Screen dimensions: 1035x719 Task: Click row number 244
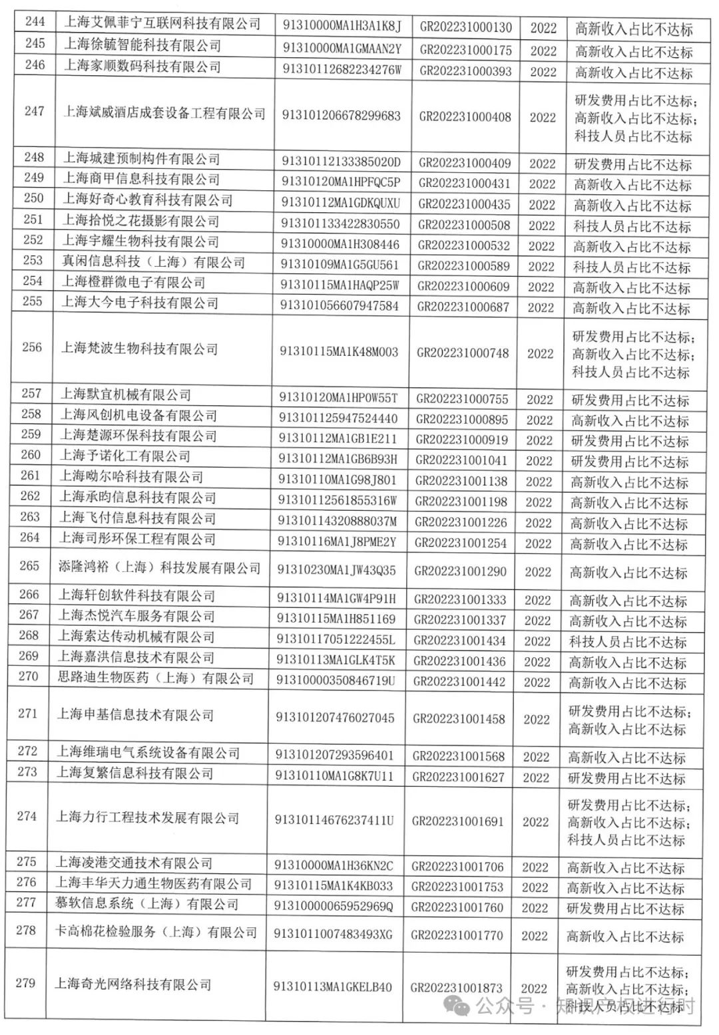tap(35, 22)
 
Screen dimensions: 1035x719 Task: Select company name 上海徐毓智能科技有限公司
tap(142, 45)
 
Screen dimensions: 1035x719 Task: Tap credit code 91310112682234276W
tap(342, 70)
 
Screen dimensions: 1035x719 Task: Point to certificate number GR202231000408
tap(465, 117)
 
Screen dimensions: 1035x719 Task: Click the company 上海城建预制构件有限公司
tap(142, 159)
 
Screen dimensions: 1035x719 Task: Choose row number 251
tap(33, 220)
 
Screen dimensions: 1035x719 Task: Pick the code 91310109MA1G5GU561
tap(340, 265)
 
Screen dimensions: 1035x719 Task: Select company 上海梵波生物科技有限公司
tap(140, 349)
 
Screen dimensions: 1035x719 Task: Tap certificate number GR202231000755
tap(462, 399)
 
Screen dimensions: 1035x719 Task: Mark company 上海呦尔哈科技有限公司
tap(132, 476)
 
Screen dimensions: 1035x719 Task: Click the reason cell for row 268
tap(627, 643)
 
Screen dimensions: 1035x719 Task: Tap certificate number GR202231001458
tap(459, 719)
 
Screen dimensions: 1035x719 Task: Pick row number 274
tap(27, 816)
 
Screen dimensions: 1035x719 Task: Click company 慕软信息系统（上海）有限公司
tap(146, 904)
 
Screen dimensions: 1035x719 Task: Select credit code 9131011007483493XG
tap(334, 935)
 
